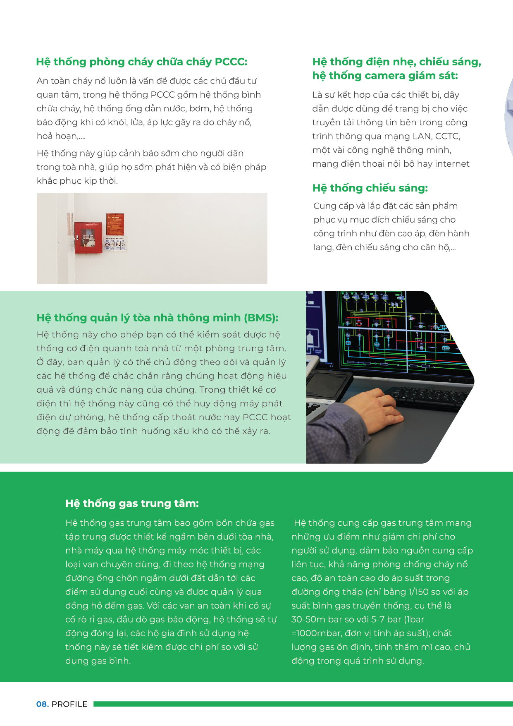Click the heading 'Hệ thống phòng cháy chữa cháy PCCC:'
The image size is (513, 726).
coord(141,62)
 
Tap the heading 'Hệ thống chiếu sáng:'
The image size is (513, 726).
coord(370,188)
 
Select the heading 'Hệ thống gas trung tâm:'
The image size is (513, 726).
coord(132,503)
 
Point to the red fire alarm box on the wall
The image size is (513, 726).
coord(88,237)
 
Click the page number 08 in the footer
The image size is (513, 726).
coord(42,704)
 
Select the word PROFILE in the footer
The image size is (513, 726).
coord(69,704)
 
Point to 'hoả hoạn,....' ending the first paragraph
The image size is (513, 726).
coord(61,136)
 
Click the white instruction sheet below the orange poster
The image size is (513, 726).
coord(116,244)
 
